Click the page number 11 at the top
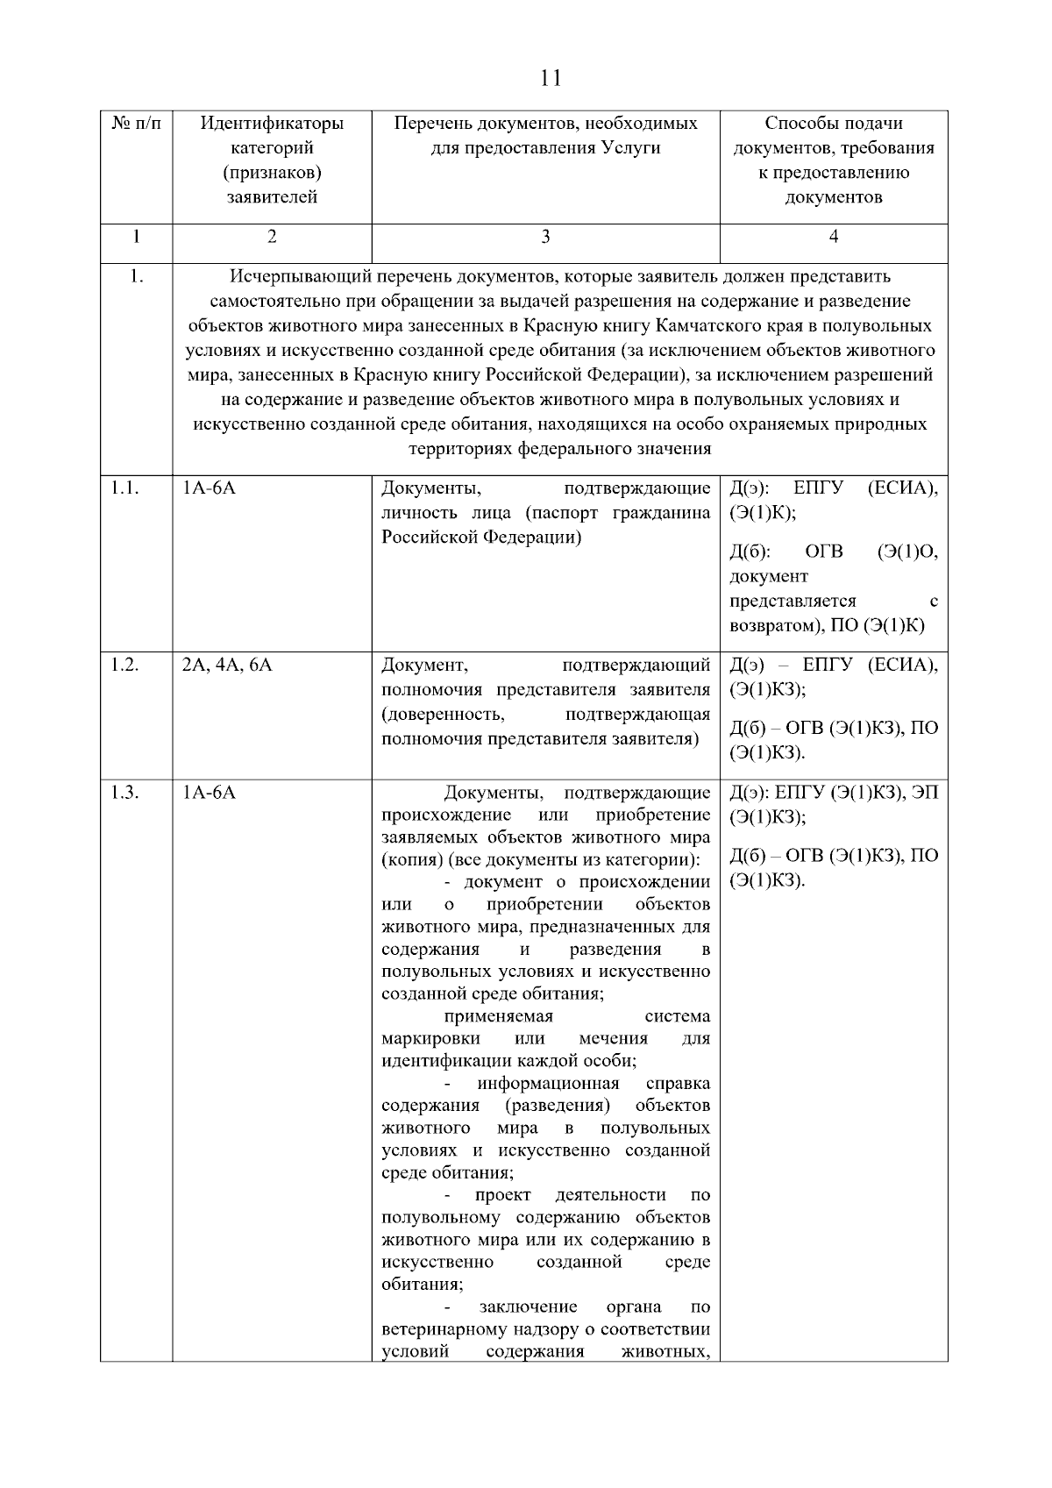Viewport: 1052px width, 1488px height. point(551,78)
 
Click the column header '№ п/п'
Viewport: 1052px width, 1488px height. point(137,124)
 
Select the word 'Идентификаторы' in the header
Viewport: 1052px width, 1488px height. point(272,124)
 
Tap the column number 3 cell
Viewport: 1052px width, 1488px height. point(545,236)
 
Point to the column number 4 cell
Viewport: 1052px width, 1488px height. point(833,236)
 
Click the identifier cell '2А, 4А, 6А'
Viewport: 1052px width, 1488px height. point(227,665)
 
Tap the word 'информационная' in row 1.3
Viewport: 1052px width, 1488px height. point(548,1084)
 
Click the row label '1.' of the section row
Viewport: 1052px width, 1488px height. point(136,277)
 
